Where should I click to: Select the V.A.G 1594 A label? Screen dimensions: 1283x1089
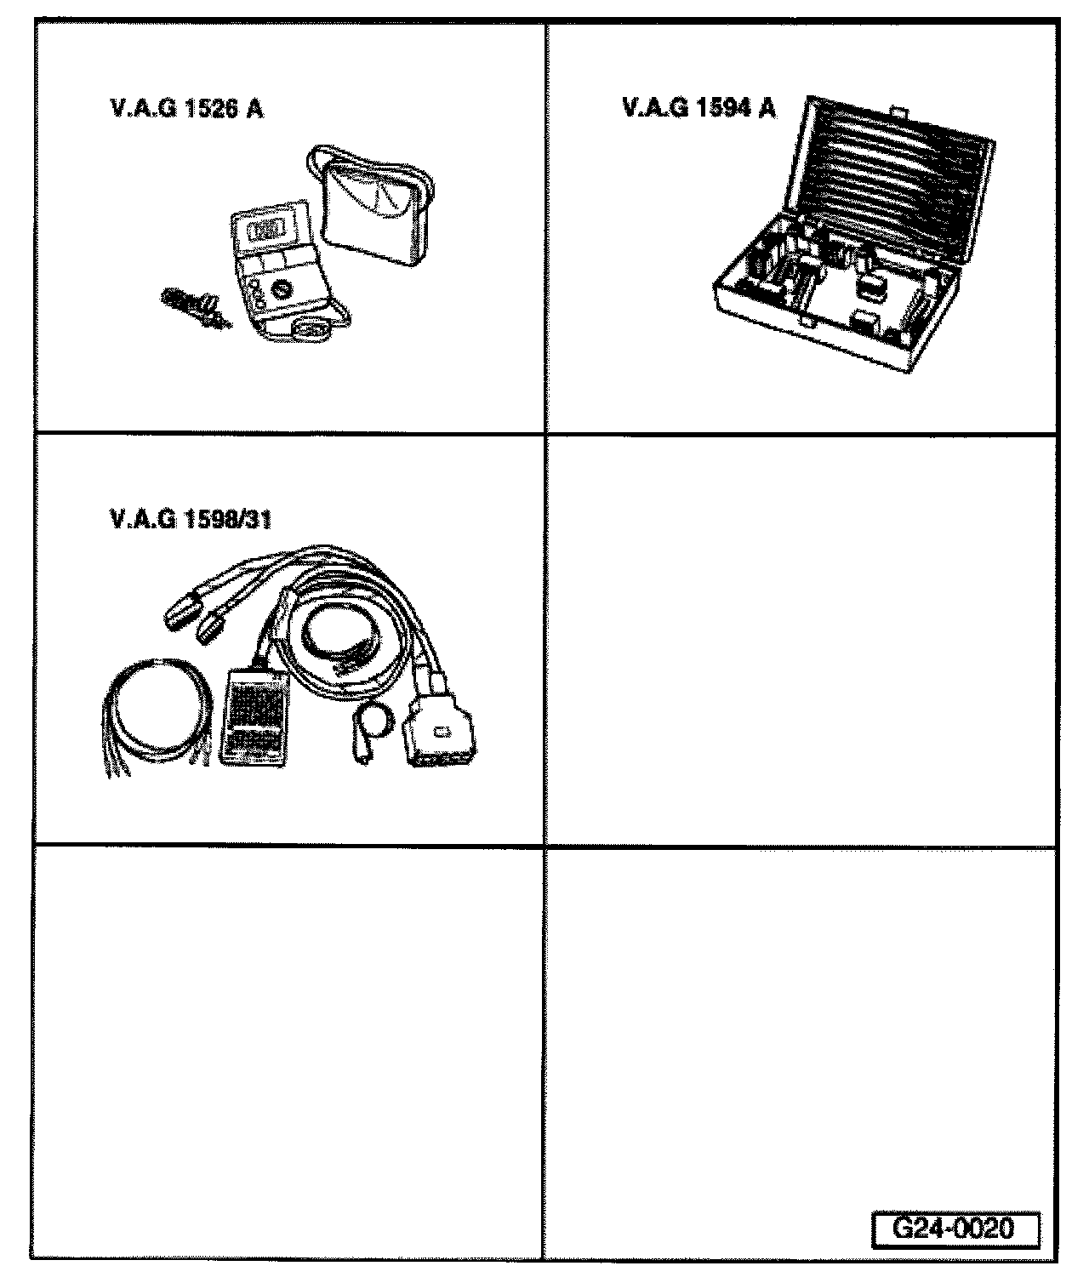click(x=698, y=108)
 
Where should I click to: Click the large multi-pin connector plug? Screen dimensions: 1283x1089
click(x=441, y=732)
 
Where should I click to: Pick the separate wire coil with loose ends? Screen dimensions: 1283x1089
click(x=153, y=719)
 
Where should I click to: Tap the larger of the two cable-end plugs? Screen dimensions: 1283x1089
click(x=180, y=611)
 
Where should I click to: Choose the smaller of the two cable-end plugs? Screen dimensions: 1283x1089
click(x=211, y=630)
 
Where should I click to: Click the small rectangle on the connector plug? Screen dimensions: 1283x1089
click(x=440, y=732)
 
